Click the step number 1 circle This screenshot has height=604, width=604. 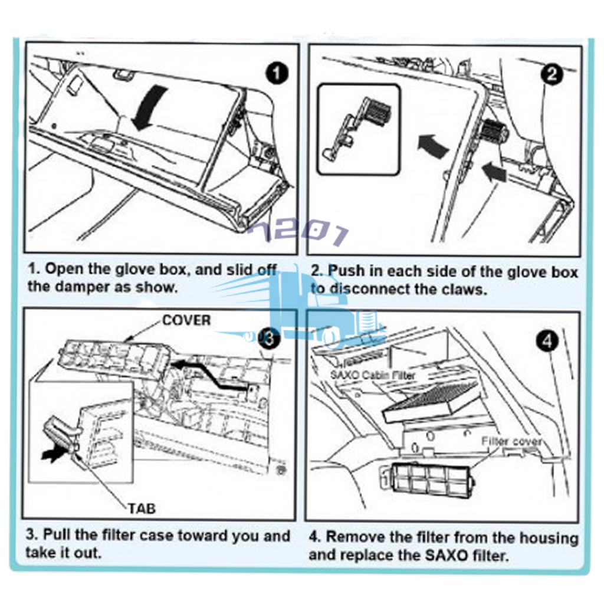pyautogui.click(x=277, y=74)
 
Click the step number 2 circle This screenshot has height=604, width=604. pyautogui.click(x=552, y=75)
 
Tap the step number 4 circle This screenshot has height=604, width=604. pyautogui.click(x=549, y=341)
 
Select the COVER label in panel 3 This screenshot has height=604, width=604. pyautogui.click(x=186, y=320)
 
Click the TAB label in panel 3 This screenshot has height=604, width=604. pyautogui.click(x=142, y=507)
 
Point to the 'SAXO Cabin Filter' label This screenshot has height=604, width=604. pyautogui.click(x=372, y=375)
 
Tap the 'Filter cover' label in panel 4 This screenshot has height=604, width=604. pyautogui.click(x=511, y=441)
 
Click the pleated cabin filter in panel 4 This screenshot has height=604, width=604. pyautogui.click(x=431, y=401)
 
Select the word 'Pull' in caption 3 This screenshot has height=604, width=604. pyautogui.click(x=58, y=536)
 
